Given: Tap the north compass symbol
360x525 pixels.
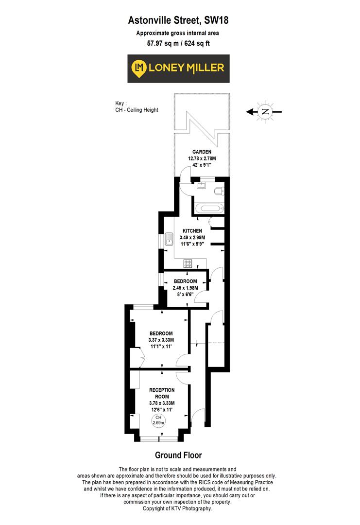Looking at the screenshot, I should (265, 112).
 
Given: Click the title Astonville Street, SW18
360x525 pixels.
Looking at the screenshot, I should (178, 20).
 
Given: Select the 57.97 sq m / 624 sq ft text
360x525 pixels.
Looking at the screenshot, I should (178, 43).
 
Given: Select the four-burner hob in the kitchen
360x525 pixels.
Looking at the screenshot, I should (188, 264).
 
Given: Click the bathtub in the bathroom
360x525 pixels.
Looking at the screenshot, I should (208, 209).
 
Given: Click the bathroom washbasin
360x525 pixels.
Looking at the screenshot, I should (201, 185).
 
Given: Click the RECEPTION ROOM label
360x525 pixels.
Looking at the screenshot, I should (162, 393).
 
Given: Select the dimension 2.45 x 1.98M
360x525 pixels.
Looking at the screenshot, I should (185, 288).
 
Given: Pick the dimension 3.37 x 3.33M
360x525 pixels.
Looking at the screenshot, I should (161, 339).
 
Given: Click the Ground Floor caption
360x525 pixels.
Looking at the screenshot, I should (178, 455).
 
